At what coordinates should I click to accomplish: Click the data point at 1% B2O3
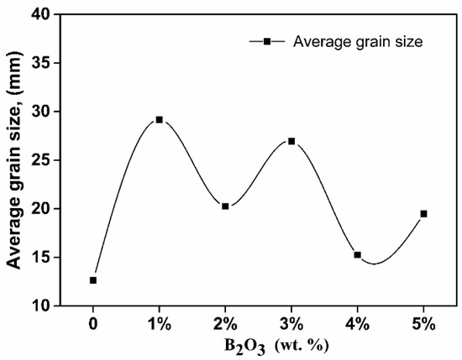pyautogui.click(x=159, y=120)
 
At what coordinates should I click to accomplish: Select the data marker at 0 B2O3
pyautogui.click(x=93, y=280)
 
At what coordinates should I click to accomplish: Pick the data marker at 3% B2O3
pyautogui.click(x=291, y=141)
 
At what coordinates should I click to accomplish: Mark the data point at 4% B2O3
pyautogui.click(x=357, y=254)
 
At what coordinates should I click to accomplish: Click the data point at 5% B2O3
pyautogui.click(x=423, y=214)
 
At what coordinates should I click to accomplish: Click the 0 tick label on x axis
pyautogui.click(x=93, y=323)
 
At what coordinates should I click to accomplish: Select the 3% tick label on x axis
pyautogui.click(x=291, y=323)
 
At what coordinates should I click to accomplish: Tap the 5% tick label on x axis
pyautogui.click(x=423, y=323)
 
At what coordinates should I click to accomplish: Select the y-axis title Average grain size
pyautogui.click(x=14, y=159)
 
